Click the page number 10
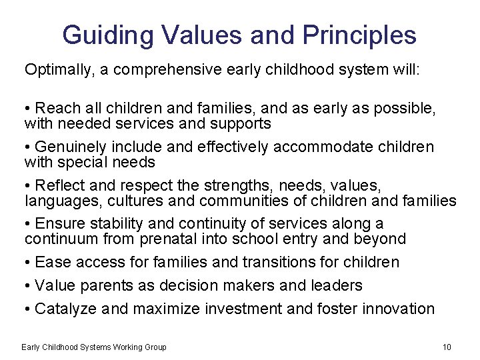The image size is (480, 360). tap(447, 347)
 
